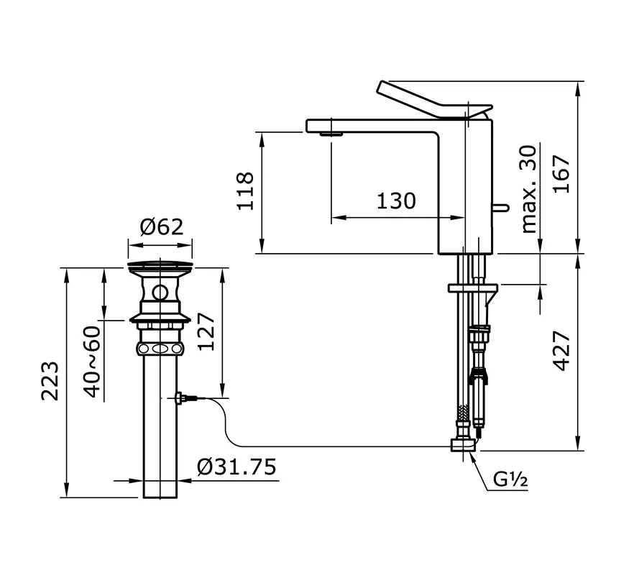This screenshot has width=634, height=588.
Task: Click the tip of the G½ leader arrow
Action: (x=470, y=452)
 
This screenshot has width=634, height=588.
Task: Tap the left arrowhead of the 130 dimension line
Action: (x=332, y=218)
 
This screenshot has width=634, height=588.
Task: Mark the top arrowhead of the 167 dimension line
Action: (x=579, y=82)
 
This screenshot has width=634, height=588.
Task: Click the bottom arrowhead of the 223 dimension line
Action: (x=67, y=497)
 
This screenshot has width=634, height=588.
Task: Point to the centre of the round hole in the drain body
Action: (x=160, y=292)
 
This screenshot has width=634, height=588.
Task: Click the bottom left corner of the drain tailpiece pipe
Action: (x=144, y=497)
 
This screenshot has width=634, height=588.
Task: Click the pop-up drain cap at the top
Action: (x=160, y=266)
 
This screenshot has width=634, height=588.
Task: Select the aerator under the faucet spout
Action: (x=331, y=134)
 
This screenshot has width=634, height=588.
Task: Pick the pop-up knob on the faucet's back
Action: (x=500, y=208)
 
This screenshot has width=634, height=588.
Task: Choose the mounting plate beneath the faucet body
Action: (x=473, y=288)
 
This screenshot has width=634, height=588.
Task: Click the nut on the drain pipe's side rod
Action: (x=180, y=398)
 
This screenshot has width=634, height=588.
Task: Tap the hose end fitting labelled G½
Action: (x=464, y=444)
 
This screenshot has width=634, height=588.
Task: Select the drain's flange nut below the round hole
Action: (x=160, y=318)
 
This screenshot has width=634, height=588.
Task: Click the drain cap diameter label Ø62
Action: (x=162, y=227)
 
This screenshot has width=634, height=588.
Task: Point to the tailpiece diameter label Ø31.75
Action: (x=236, y=467)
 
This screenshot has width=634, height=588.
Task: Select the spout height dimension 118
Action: (x=245, y=191)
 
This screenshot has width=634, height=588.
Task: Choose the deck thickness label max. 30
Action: (x=529, y=189)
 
